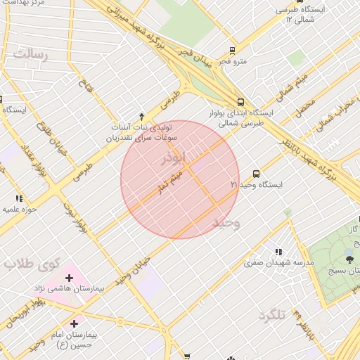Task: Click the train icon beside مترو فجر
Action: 233,51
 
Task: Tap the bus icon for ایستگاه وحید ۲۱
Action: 255,173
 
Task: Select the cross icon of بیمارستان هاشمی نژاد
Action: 69,278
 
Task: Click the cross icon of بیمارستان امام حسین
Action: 74,323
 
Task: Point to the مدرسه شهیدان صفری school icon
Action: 278,252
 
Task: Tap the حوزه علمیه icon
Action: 18,199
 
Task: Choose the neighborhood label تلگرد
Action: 273,314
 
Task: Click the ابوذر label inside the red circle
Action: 176,157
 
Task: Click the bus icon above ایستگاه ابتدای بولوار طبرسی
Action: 240,101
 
